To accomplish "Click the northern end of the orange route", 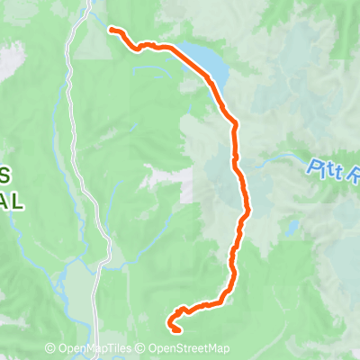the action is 112,30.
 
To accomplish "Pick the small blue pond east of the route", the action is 292,227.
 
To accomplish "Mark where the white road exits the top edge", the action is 91,3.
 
